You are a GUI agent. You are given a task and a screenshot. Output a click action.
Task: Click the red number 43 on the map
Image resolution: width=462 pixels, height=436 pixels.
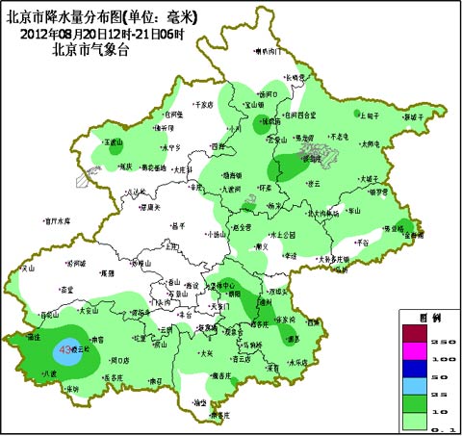click(64, 351)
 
